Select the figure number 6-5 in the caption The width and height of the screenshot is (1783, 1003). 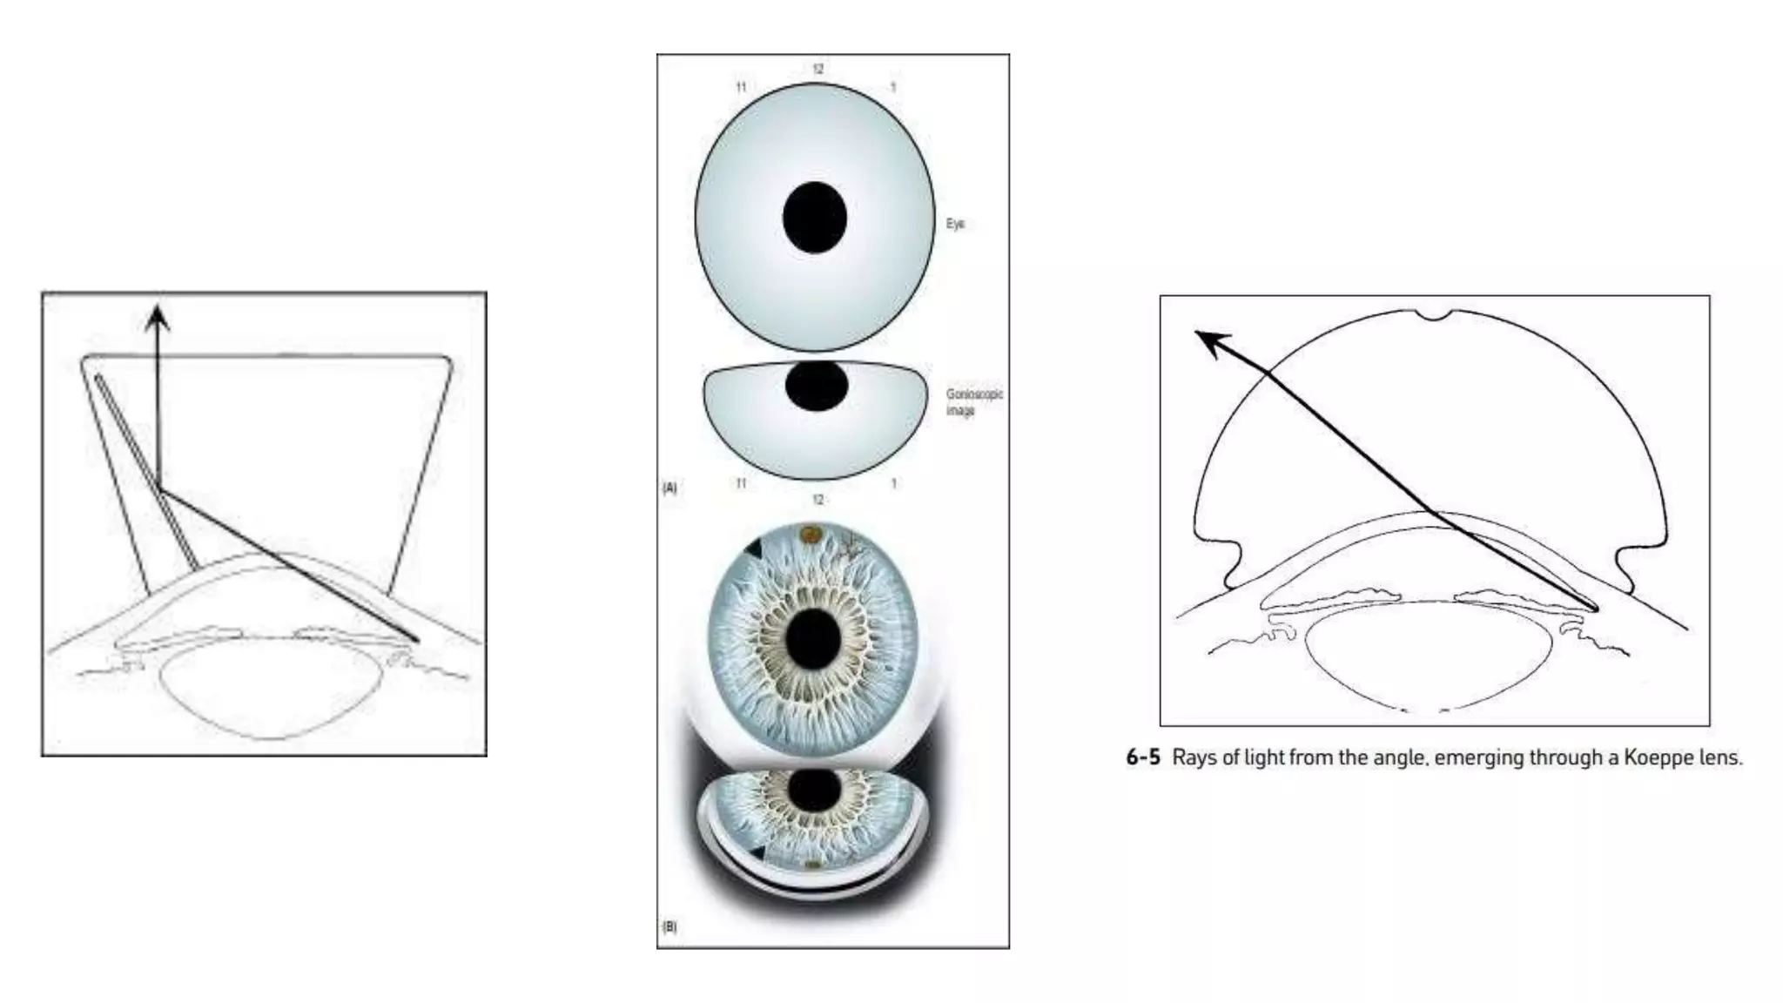[x=1143, y=757]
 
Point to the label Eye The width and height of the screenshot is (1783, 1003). [x=955, y=224]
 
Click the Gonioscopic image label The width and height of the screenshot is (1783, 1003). [x=973, y=401]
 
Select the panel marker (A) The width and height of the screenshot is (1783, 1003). [x=669, y=488]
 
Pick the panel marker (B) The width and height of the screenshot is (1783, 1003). [x=669, y=926]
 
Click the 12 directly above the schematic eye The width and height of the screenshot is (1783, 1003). [x=817, y=69]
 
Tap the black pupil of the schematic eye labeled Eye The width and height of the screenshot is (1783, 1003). [x=815, y=218]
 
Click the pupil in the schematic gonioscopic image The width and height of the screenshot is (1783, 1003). [x=817, y=386]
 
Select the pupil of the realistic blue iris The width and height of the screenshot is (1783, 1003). [x=813, y=639]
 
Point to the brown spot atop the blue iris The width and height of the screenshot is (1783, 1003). [x=811, y=533]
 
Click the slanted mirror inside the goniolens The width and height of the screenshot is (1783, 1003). [x=146, y=471]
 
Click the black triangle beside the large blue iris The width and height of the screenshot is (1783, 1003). [x=753, y=549]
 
